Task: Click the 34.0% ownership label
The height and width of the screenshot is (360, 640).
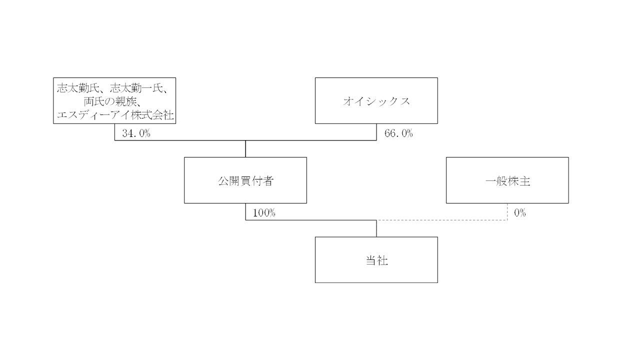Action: pos(136,134)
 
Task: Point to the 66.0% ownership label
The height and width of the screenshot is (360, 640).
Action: pos(398,134)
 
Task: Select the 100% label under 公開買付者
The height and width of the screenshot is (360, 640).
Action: pos(264,213)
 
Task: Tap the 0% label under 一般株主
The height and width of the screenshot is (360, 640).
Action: pos(520,213)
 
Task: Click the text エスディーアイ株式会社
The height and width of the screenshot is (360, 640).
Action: pos(115,115)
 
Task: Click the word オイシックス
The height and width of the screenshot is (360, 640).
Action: pos(376,101)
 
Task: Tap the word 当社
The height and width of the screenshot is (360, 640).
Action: pos(376,260)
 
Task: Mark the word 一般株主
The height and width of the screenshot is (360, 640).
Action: pos(507,180)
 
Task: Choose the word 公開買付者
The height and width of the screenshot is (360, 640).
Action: pos(245,180)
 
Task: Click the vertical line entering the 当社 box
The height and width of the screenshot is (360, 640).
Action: pos(376,228)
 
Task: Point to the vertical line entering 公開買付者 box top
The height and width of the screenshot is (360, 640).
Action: pos(245,149)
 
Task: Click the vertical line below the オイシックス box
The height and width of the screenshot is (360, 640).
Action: pos(376,132)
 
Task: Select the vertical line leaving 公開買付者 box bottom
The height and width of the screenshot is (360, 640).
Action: pos(245,211)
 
